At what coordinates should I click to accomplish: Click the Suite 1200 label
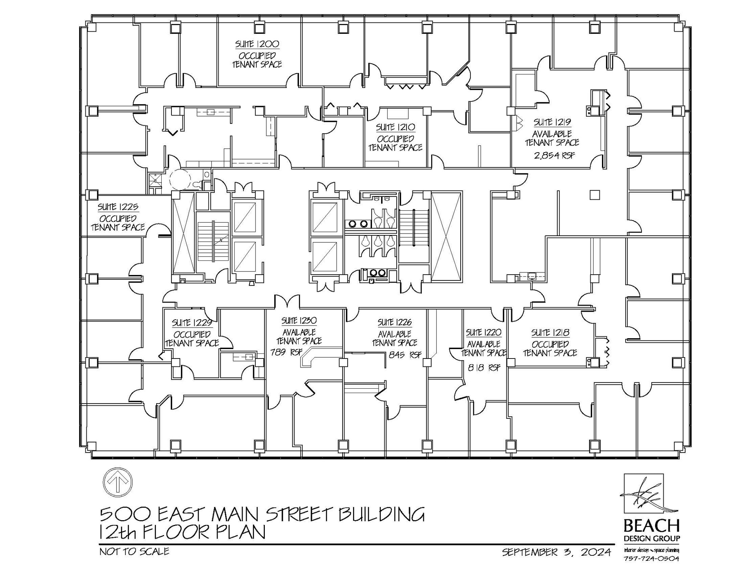click(x=257, y=44)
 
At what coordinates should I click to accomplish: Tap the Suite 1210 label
click(x=395, y=127)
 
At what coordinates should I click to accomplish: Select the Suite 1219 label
click(x=552, y=122)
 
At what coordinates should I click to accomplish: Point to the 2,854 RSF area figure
click(x=554, y=156)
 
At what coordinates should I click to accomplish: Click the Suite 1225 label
click(x=118, y=207)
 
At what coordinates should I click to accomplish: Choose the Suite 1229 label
click(x=192, y=323)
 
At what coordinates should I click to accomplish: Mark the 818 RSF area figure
click(x=484, y=368)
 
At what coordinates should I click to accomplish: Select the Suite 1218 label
click(x=550, y=332)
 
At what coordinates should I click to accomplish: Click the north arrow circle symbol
click(x=118, y=482)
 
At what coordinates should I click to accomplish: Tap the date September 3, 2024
click(x=557, y=552)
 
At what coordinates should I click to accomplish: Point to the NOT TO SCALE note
click(x=134, y=551)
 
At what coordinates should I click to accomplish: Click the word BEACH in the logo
click(x=651, y=526)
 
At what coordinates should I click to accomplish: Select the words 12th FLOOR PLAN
click(x=182, y=533)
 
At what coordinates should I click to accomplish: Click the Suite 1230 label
click(x=299, y=321)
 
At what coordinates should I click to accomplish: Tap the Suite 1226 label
click(x=395, y=322)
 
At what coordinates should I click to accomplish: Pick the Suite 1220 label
click(x=484, y=332)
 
